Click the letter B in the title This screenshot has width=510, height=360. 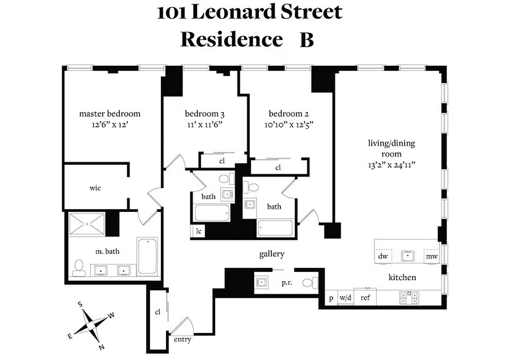pyautogui.click(x=307, y=40)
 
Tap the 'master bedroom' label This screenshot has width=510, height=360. pyautogui.click(x=110, y=114)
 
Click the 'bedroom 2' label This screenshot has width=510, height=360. pyautogui.click(x=289, y=114)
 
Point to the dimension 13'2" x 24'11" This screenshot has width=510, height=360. pyautogui.click(x=391, y=165)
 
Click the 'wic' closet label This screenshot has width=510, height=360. pyautogui.click(x=95, y=188)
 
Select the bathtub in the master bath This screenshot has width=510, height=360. pyautogui.click(x=147, y=256)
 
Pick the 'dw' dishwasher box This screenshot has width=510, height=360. pyautogui.click(x=383, y=256)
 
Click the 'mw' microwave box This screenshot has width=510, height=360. pyautogui.click(x=432, y=256)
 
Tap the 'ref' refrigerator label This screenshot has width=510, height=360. pyautogui.click(x=365, y=297)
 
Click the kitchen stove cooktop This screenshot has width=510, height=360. pyautogui.click(x=409, y=297)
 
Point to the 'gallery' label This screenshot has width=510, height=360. pyautogui.click(x=272, y=254)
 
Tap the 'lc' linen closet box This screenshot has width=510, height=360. pyautogui.click(x=198, y=231)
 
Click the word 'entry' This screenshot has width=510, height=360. pyautogui.click(x=182, y=339)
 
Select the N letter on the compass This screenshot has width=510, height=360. pyautogui.click(x=102, y=346)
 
